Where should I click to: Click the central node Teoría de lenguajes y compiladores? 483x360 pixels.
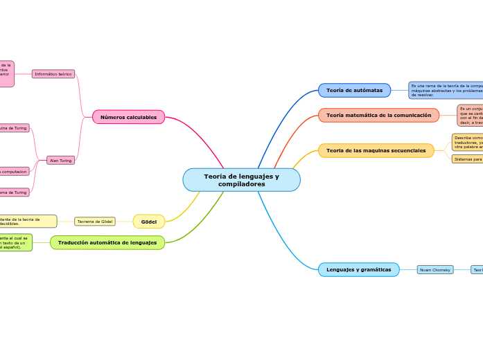click(x=241, y=180)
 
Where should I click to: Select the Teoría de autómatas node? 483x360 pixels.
click(x=354, y=91)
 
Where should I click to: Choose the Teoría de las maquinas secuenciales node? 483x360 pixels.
click(x=376, y=150)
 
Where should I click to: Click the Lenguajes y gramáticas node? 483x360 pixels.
click(x=358, y=269)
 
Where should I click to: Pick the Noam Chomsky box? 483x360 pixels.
click(x=434, y=269)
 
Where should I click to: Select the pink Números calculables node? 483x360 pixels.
click(x=128, y=117)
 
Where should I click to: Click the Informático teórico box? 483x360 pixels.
click(x=53, y=73)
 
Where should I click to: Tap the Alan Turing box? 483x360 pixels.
click(x=60, y=160)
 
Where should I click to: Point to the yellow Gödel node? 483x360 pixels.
click(x=148, y=222)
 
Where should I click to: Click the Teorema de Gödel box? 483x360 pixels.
click(x=94, y=222)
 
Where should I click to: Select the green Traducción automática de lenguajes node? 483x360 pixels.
click(x=107, y=242)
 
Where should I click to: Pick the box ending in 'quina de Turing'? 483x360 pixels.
click(x=14, y=128)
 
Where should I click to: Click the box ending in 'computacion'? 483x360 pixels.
click(x=14, y=171)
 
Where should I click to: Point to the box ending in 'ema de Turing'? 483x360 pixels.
click(x=14, y=192)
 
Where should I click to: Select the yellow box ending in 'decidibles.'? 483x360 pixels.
click(x=28, y=222)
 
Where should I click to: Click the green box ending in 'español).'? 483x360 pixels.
click(x=15, y=242)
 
